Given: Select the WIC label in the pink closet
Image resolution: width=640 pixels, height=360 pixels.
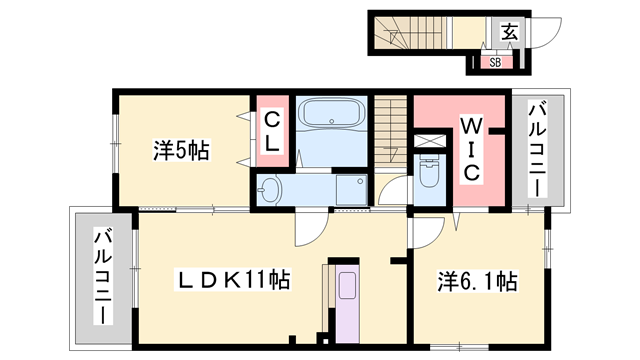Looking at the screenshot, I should coord(471,149).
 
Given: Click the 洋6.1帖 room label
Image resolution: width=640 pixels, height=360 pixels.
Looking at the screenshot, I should coord(477,282).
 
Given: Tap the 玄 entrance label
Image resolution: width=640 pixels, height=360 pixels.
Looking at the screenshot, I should coord(509,32).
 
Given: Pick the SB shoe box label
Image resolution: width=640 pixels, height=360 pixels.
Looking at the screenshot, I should coord(496,62).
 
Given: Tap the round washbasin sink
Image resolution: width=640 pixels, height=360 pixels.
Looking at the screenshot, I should coord(272,189).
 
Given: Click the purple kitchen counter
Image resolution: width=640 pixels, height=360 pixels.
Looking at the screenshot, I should coord(344,300).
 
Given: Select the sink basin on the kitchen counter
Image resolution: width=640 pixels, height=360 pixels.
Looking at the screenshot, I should coord(346,285).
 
